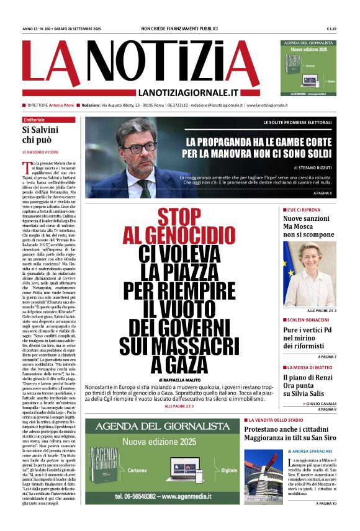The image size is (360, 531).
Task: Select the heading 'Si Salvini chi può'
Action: pos(40,135)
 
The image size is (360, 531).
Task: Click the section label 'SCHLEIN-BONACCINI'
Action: pos(307,319)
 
